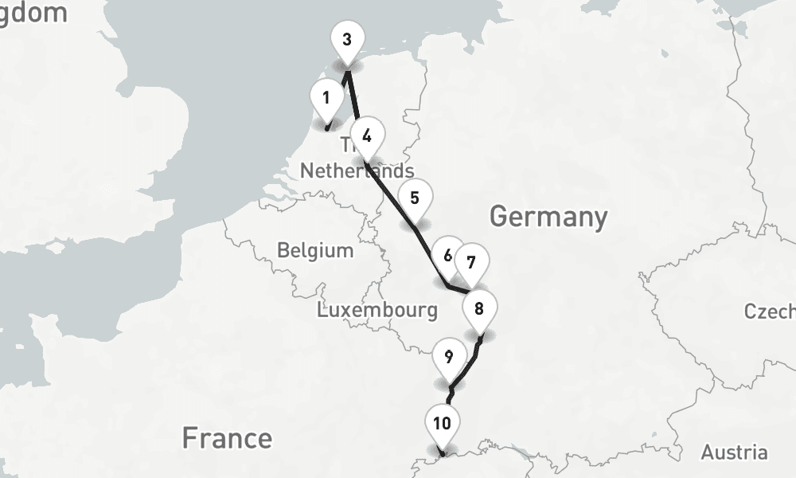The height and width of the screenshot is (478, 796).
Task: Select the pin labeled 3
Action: click(346, 41)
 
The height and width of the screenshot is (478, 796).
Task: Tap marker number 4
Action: click(366, 136)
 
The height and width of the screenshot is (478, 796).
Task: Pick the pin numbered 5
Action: click(415, 199)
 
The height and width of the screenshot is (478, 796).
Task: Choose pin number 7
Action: click(471, 263)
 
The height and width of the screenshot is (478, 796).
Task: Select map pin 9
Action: click(449, 358)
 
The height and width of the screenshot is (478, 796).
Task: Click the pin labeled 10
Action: click(442, 424)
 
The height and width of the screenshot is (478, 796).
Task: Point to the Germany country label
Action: click(548, 217)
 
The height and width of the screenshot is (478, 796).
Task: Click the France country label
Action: click(227, 437)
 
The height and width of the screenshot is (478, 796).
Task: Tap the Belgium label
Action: click(315, 250)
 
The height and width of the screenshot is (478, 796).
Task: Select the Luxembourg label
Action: click(377, 310)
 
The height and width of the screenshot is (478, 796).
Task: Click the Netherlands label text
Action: click(357, 170)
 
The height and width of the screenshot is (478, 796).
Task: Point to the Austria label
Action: click(734, 453)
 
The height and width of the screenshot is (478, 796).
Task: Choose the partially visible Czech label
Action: click(770, 311)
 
